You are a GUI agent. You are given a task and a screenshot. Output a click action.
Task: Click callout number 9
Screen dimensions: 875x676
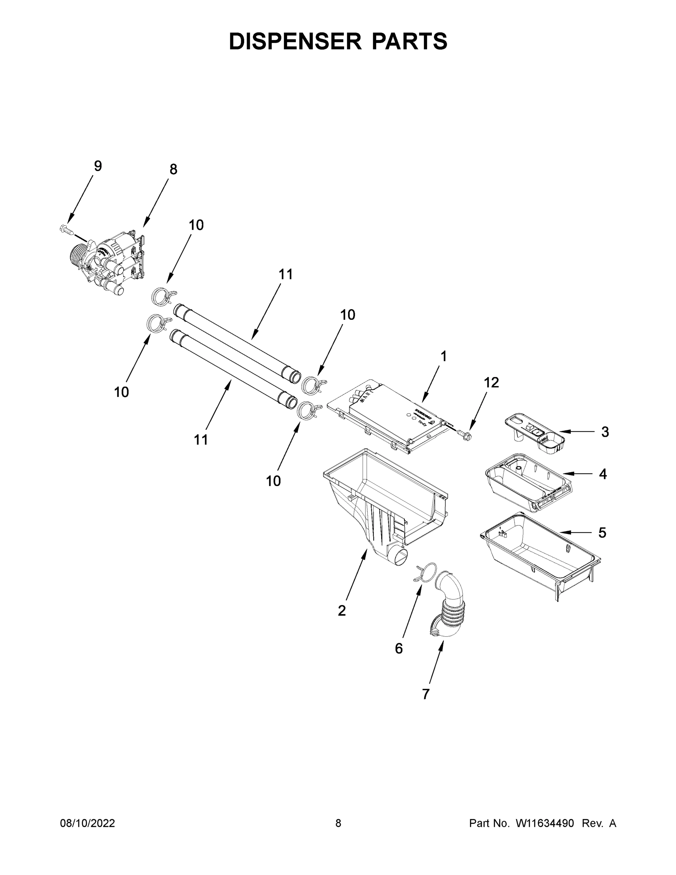tap(98, 166)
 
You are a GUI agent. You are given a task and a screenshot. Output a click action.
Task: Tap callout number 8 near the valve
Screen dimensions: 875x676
tap(173, 170)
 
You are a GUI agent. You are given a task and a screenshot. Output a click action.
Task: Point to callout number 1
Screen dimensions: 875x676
tap(443, 356)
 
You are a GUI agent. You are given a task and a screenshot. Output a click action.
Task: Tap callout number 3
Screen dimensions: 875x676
tap(605, 432)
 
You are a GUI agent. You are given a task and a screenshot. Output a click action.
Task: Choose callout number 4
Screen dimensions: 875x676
tap(603, 474)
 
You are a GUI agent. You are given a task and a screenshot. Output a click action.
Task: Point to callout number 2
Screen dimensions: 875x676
tap(341, 611)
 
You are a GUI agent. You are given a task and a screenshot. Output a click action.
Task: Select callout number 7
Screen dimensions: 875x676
tap(426, 694)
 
